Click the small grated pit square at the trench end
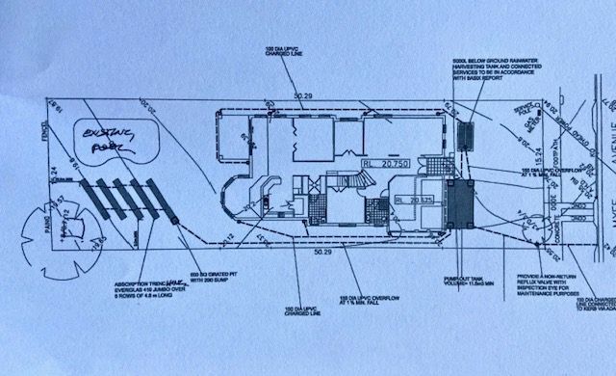tap(175, 222)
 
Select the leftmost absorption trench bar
tap(88, 199)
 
